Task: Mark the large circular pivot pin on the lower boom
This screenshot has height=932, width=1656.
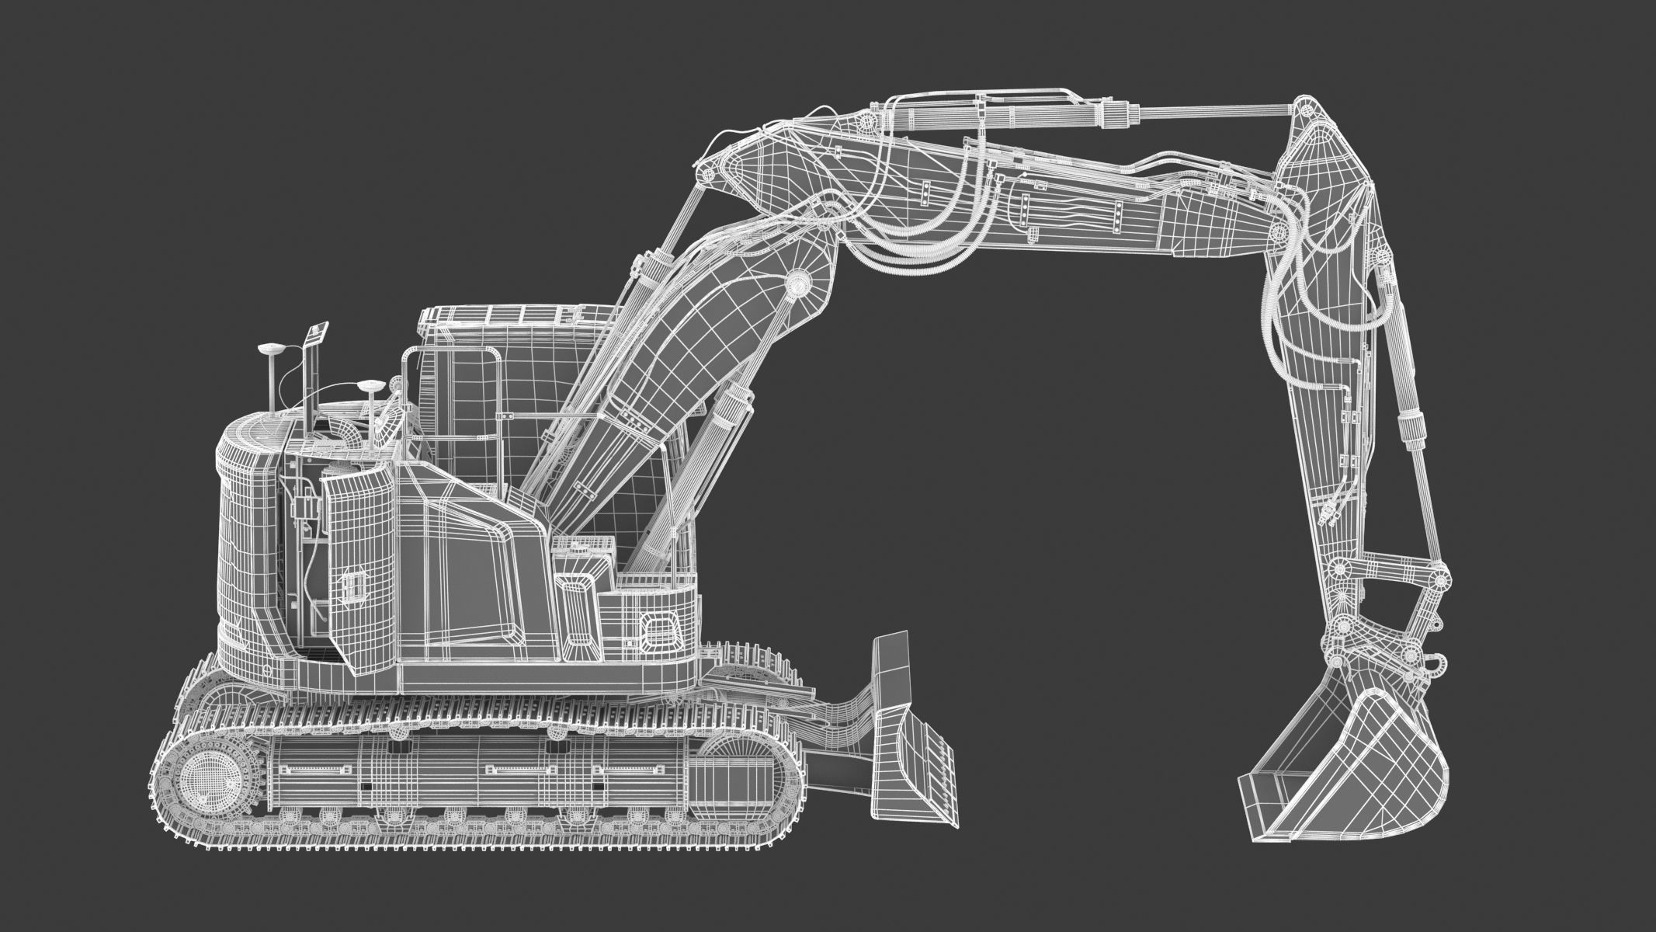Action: (798, 286)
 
